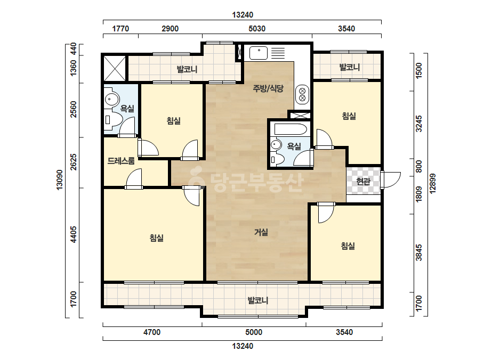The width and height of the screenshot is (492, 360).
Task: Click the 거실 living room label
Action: pos(261,232)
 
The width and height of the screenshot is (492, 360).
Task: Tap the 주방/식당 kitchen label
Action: pos(268,88)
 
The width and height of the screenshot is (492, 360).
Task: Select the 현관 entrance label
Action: pos(364,181)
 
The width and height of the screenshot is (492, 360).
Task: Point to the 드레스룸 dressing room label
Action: pos(121,161)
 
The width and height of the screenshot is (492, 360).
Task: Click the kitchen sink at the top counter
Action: pos(259,53)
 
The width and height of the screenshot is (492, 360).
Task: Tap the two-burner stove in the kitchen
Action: pos(302,95)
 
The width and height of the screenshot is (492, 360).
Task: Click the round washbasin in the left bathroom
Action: pos(111,100)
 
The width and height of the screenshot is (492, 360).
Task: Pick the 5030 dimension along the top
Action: pos(257,29)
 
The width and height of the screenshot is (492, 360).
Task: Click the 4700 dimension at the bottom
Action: pos(152,332)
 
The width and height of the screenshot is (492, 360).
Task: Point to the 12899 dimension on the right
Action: pos(433,184)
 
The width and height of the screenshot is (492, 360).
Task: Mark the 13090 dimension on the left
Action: pos(59,179)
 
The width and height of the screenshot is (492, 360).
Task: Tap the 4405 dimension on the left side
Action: pos(74,234)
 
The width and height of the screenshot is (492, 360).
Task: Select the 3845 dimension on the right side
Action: pos(419,253)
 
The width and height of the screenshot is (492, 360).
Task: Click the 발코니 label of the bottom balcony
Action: pos(258,300)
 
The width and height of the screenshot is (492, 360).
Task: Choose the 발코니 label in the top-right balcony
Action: pos(350,67)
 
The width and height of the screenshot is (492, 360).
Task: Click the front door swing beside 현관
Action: pos(391,180)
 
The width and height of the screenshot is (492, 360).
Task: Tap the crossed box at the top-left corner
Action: pos(115,68)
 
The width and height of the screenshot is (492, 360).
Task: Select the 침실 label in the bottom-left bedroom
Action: pos(157,238)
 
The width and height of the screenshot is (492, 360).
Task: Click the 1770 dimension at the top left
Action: pos(120,29)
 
